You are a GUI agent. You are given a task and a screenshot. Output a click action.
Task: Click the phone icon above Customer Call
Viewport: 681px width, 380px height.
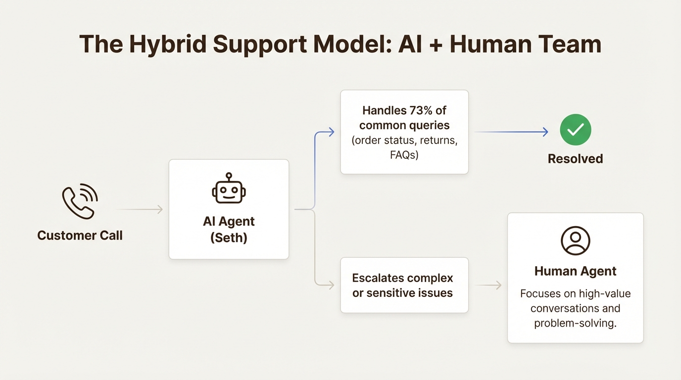tap(80, 201)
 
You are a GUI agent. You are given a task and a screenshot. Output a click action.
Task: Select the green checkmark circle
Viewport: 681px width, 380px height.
tap(575, 130)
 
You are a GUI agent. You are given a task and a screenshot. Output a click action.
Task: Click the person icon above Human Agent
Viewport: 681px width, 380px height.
tap(575, 240)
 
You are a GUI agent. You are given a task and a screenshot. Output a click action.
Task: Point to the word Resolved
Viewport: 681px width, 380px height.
tap(575, 159)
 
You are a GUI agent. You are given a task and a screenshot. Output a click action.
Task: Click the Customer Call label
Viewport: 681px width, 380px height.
tap(80, 235)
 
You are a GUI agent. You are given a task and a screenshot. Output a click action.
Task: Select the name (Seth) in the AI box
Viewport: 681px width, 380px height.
tap(229, 237)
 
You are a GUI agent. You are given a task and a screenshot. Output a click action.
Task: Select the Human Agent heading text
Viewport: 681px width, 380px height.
tap(575, 271)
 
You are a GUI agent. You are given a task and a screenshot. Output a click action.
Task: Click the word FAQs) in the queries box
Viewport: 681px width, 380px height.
tap(404, 155)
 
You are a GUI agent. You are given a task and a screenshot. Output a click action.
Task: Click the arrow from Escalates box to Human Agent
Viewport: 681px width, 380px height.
tap(488, 285)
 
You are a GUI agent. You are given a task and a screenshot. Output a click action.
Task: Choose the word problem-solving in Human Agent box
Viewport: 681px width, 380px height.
tap(575, 324)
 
